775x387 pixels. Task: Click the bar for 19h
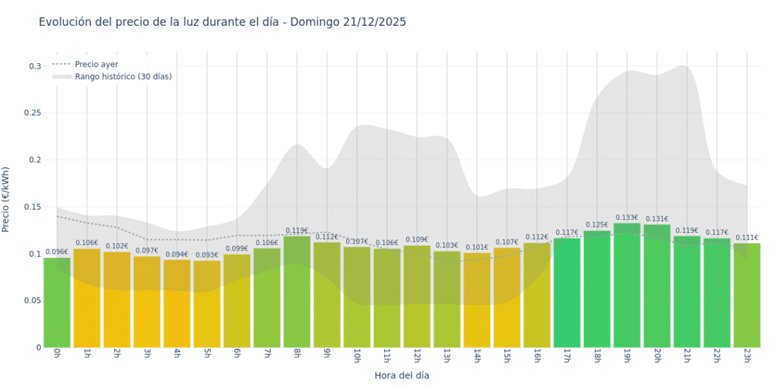627,285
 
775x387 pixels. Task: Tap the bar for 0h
57,303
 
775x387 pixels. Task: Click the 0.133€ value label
627,218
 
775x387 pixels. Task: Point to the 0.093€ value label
207,255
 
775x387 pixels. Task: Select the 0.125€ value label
597,225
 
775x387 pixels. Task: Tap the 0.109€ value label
417,240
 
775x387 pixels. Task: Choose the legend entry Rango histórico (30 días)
123,77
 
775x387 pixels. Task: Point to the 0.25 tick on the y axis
33,113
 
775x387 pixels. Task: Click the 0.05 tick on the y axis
33,301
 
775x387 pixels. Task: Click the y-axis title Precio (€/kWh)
6,200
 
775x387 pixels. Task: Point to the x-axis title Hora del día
402,375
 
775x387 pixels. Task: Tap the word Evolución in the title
65,22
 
